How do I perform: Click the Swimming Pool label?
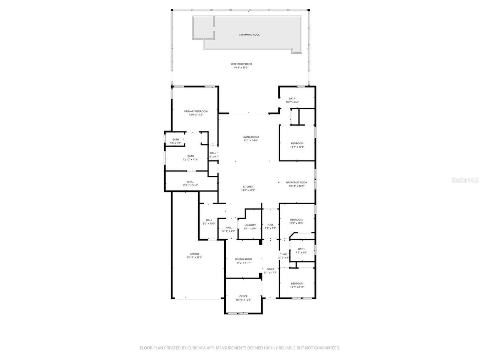coord(249,35)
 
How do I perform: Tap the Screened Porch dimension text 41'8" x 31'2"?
coord(241,68)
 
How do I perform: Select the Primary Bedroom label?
coord(196,111)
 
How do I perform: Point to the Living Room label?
coord(250,137)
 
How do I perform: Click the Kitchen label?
coord(248,187)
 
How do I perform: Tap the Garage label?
coord(194,254)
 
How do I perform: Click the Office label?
coord(243,296)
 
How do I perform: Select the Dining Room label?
coord(243,259)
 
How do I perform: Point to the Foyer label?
coord(270,269)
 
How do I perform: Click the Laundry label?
coord(250,225)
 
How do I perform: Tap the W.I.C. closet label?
coord(190,182)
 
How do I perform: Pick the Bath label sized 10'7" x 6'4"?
coord(292,99)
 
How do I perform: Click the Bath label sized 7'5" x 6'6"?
coord(301,249)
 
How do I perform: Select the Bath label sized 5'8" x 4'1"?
coord(175,139)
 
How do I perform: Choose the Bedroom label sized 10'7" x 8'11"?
coord(297,283)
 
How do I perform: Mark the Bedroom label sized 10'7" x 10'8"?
coord(297,143)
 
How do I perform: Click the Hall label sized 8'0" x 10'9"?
coord(209,220)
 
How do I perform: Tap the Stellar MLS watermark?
coord(465,180)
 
